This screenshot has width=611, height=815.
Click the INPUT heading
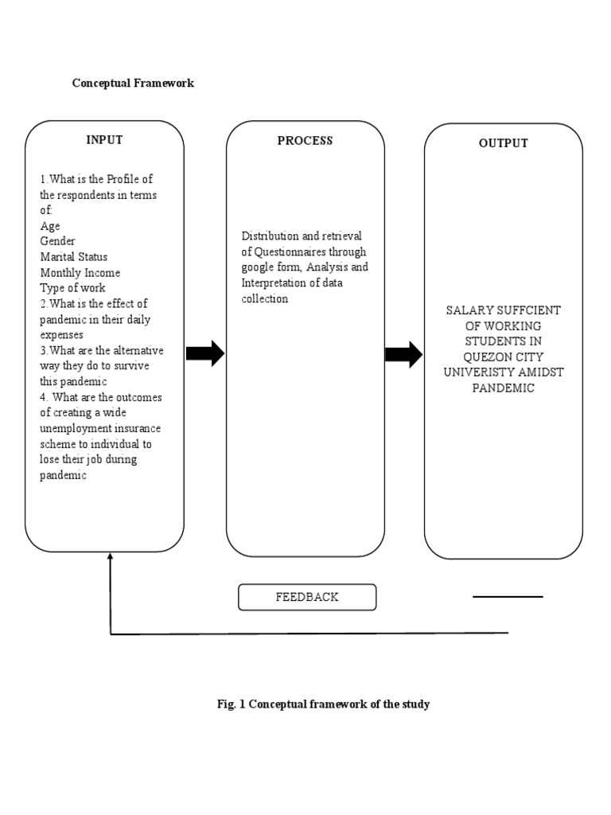(x=104, y=140)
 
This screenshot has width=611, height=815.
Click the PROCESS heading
(x=305, y=141)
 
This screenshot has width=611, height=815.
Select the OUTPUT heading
(x=503, y=143)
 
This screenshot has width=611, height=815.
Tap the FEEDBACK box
(x=307, y=597)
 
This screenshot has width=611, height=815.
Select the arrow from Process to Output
(x=403, y=354)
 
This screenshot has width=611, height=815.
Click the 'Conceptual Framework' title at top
(x=133, y=83)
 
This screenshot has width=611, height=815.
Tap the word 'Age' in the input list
(x=50, y=226)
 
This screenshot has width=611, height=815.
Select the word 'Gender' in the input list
(x=57, y=241)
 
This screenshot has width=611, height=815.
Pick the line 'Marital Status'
(x=74, y=257)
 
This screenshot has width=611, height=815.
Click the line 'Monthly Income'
(x=80, y=273)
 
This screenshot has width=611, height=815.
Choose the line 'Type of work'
(x=72, y=288)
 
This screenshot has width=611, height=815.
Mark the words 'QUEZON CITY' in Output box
(x=502, y=357)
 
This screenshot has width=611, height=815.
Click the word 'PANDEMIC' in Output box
(x=503, y=388)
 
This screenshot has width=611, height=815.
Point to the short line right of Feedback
(x=508, y=596)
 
